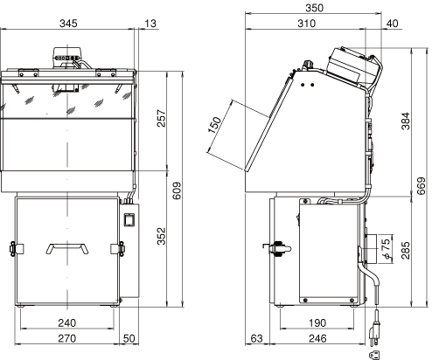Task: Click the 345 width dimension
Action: (68, 24)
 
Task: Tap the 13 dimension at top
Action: (150, 24)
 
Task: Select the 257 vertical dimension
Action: (161, 118)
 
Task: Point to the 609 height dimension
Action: (177, 191)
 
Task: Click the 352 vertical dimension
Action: (161, 236)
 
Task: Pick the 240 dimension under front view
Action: (67, 323)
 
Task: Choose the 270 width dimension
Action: (67, 338)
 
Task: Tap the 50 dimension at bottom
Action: (129, 338)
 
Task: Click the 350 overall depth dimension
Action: (315, 8)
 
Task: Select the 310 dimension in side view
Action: (306, 24)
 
